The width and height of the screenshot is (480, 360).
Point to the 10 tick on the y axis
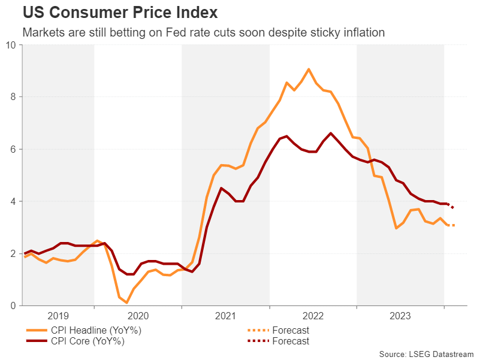11,45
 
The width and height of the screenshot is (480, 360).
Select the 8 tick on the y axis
13,97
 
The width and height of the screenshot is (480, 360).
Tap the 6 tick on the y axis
13,149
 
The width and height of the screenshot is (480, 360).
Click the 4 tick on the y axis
13,201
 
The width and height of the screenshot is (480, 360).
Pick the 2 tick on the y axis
13,254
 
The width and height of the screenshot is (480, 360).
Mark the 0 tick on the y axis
13,306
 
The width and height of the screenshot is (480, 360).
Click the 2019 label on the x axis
58,316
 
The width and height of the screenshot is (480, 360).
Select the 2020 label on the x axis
138,316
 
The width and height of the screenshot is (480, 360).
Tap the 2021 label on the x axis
225,316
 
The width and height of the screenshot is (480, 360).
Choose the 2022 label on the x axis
313,316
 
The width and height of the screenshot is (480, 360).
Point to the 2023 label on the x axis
400,316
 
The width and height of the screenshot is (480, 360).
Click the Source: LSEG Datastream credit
426,353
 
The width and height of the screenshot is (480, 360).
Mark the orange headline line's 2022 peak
309,69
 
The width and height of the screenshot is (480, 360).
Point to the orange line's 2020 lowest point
127,303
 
